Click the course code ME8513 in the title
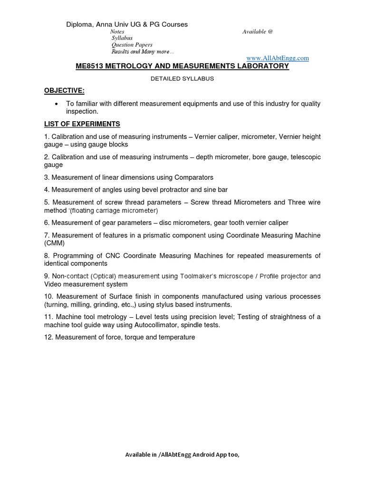click(x=91, y=66)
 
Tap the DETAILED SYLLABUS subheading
click(x=182, y=78)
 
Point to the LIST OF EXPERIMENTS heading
click(x=82, y=124)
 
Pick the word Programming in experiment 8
click(x=72, y=256)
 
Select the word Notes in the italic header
click(x=117, y=31)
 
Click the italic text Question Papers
click(x=132, y=45)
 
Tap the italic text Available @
click(x=258, y=31)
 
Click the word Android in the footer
click(x=199, y=455)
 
